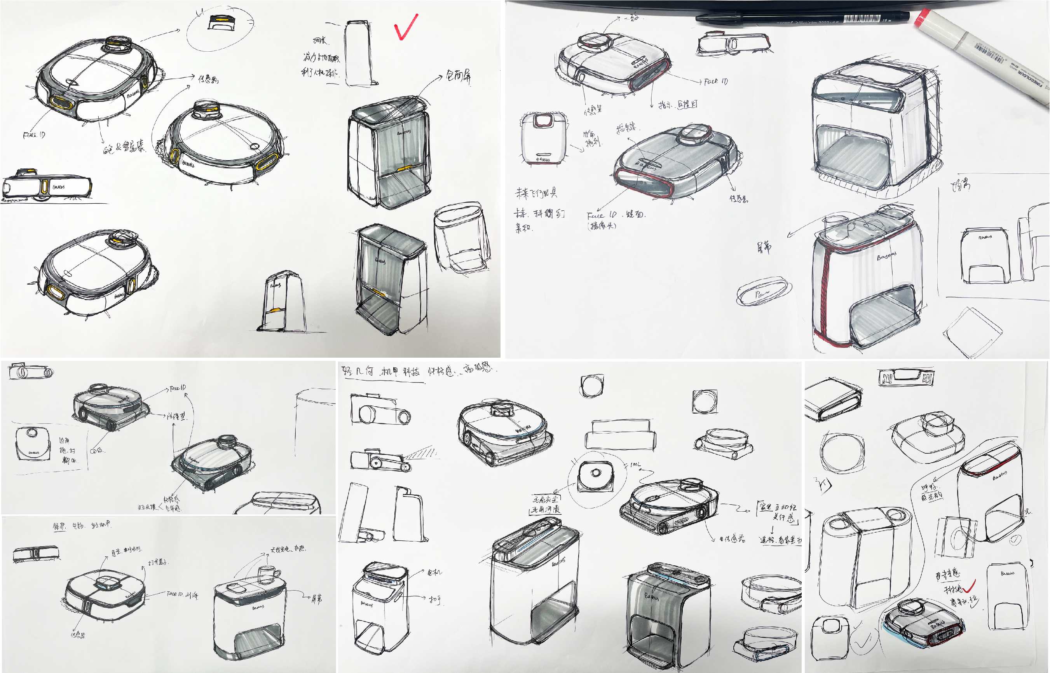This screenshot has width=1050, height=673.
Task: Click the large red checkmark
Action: (405, 27)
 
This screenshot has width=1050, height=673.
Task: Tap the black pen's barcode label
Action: (861, 19)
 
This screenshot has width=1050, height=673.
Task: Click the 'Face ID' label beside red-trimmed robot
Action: (715, 81)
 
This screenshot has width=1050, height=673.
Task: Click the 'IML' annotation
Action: (635, 465)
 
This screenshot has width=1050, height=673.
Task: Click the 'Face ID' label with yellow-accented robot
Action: (34, 135)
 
